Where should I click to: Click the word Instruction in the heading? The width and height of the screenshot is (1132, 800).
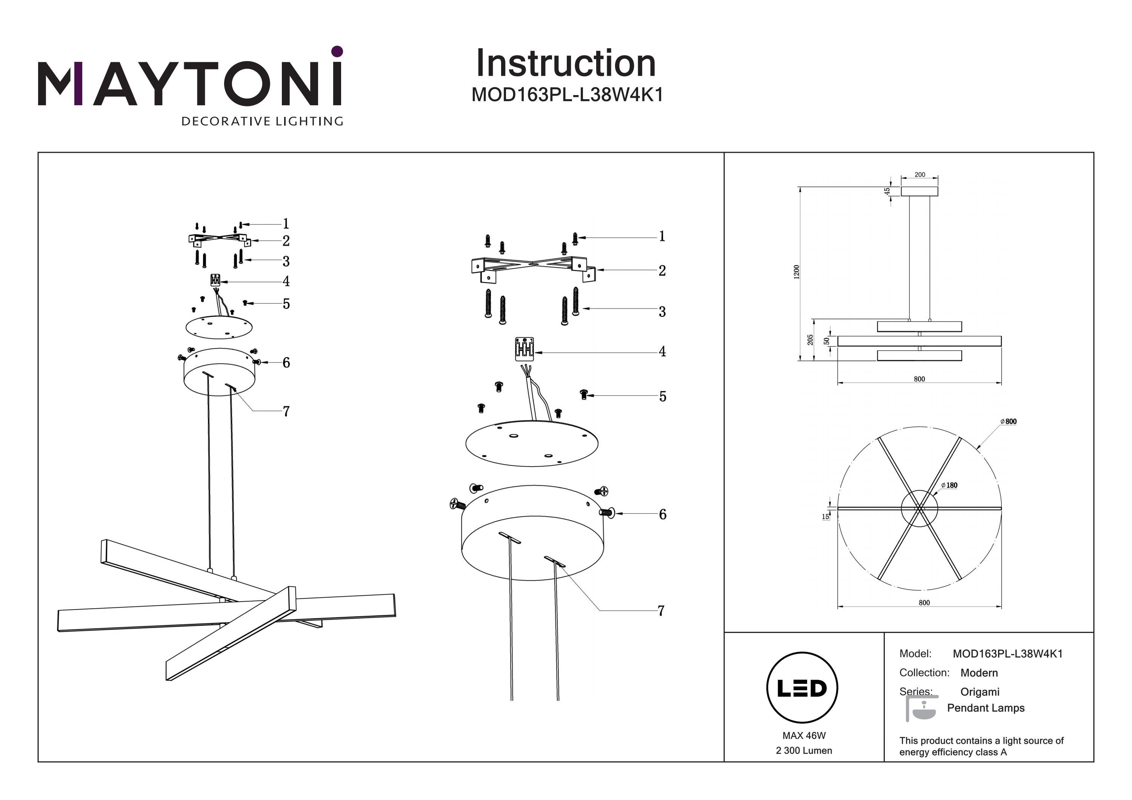click(x=566, y=64)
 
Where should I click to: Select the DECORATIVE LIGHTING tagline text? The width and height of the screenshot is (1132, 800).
click(x=262, y=121)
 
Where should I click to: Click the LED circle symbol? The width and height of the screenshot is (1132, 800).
click(x=802, y=688)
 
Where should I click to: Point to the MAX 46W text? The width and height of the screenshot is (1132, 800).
click(x=804, y=736)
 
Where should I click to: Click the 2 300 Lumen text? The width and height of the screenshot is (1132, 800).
click(x=804, y=751)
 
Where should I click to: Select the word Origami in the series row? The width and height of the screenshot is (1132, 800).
click(x=980, y=692)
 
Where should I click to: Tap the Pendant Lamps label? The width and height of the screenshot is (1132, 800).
click(x=986, y=708)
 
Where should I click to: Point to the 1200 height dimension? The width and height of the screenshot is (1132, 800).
click(x=796, y=272)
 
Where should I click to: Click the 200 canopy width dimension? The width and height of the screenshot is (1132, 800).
click(x=920, y=175)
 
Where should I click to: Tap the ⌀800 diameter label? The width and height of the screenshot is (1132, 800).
click(x=1008, y=421)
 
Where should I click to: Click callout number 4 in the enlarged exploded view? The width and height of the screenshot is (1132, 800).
click(x=662, y=352)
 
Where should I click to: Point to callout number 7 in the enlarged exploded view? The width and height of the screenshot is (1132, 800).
click(x=661, y=611)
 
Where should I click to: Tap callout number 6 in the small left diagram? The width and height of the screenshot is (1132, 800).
click(x=286, y=363)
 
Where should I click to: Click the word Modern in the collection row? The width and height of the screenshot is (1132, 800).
click(x=979, y=673)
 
